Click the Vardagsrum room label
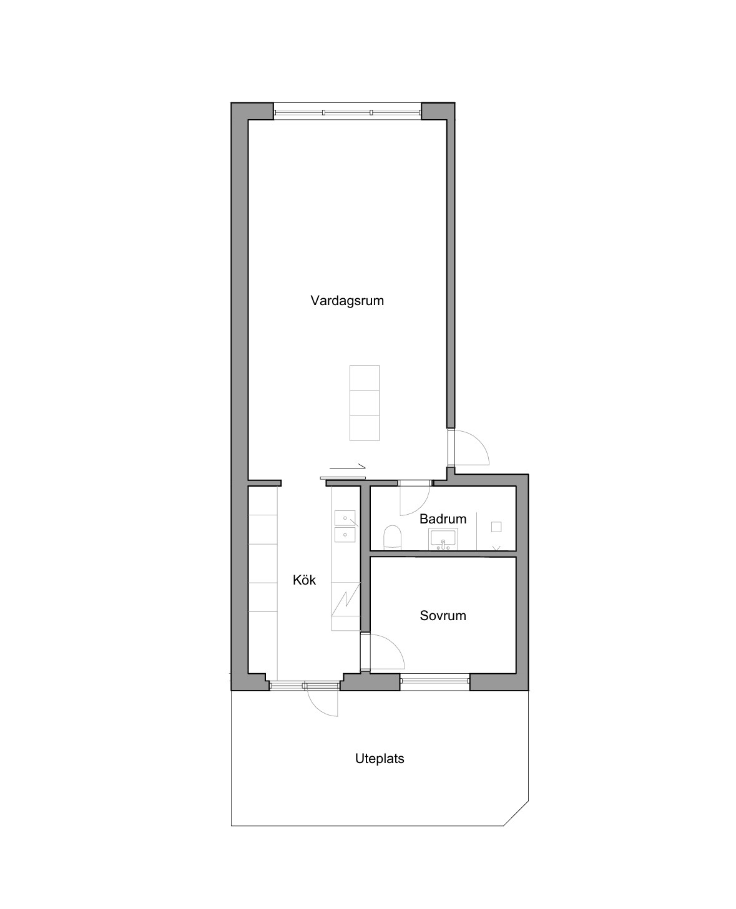pyautogui.click(x=346, y=301)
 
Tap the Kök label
pyautogui.click(x=304, y=580)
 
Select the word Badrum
pyautogui.click(x=443, y=519)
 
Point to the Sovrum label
pyautogui.click(x=443, y=615)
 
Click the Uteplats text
pyautogui.click(x=380, y=759)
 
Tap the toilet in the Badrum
pyautogui.click(x=392, y=537)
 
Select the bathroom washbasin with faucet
pyautogui.click(x=443, y=539)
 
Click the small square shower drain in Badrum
pyautogui.click(x=496, y=527)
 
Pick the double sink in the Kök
pyautogui.click(x=345, y=526)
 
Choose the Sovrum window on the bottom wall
pyautogui.click(x=434, y=681)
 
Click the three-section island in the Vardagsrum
pyautogui.click(x=364, y=402)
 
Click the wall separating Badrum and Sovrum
pyautogui.click(x=443, y=554)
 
